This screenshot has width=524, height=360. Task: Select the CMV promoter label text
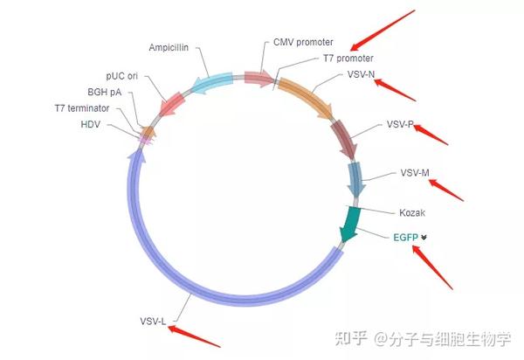[303, 42]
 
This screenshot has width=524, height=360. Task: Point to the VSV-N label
[360, 74]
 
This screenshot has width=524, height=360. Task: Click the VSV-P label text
[399, 124]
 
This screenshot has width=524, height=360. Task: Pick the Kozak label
[412, 212]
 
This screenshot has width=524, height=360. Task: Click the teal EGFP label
[405, 236]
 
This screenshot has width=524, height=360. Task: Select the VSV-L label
[153, 322]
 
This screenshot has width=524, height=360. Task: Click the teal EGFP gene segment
[352, 223]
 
